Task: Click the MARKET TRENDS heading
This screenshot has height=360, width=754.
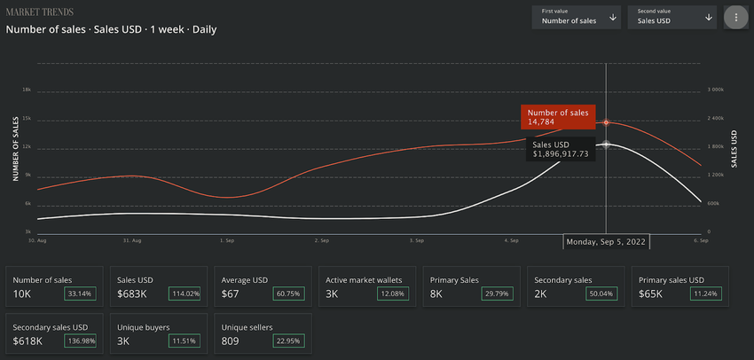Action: [39, 12]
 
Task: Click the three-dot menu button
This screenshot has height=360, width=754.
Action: [734, 17]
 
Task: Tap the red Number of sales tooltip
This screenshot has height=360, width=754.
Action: [557, 117]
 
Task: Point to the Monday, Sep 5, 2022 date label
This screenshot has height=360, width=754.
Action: [607, 241]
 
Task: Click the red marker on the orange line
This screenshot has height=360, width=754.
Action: [606, 122]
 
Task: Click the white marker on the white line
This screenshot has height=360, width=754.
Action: [606, 144]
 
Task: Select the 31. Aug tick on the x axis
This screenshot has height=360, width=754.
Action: [132, 240]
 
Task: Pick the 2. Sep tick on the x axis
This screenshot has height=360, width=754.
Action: [322, 240]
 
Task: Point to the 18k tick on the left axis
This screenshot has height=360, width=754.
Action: [27, 90]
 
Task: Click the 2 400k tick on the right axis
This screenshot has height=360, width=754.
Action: [716, 119]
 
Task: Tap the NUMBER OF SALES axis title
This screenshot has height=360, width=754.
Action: [15, 149]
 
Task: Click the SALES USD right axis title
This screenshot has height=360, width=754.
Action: [734, 149]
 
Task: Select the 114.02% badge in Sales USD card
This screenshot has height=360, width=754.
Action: [183, 293]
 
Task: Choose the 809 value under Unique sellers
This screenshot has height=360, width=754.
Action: [230, 340]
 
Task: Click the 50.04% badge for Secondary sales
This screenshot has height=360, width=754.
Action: [600, 293]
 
